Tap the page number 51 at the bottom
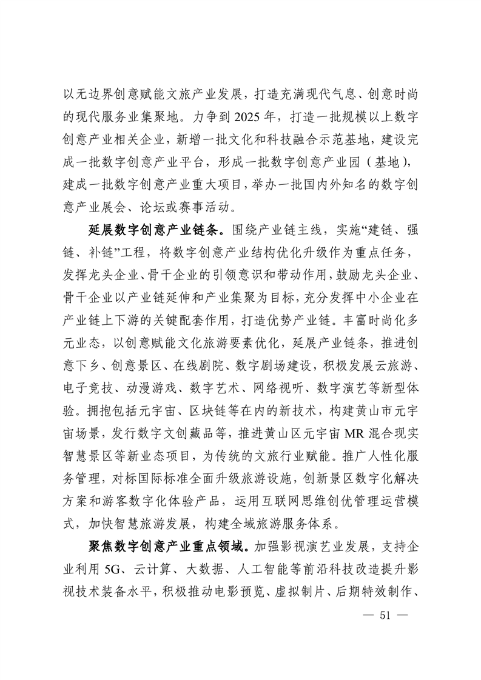383,615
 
